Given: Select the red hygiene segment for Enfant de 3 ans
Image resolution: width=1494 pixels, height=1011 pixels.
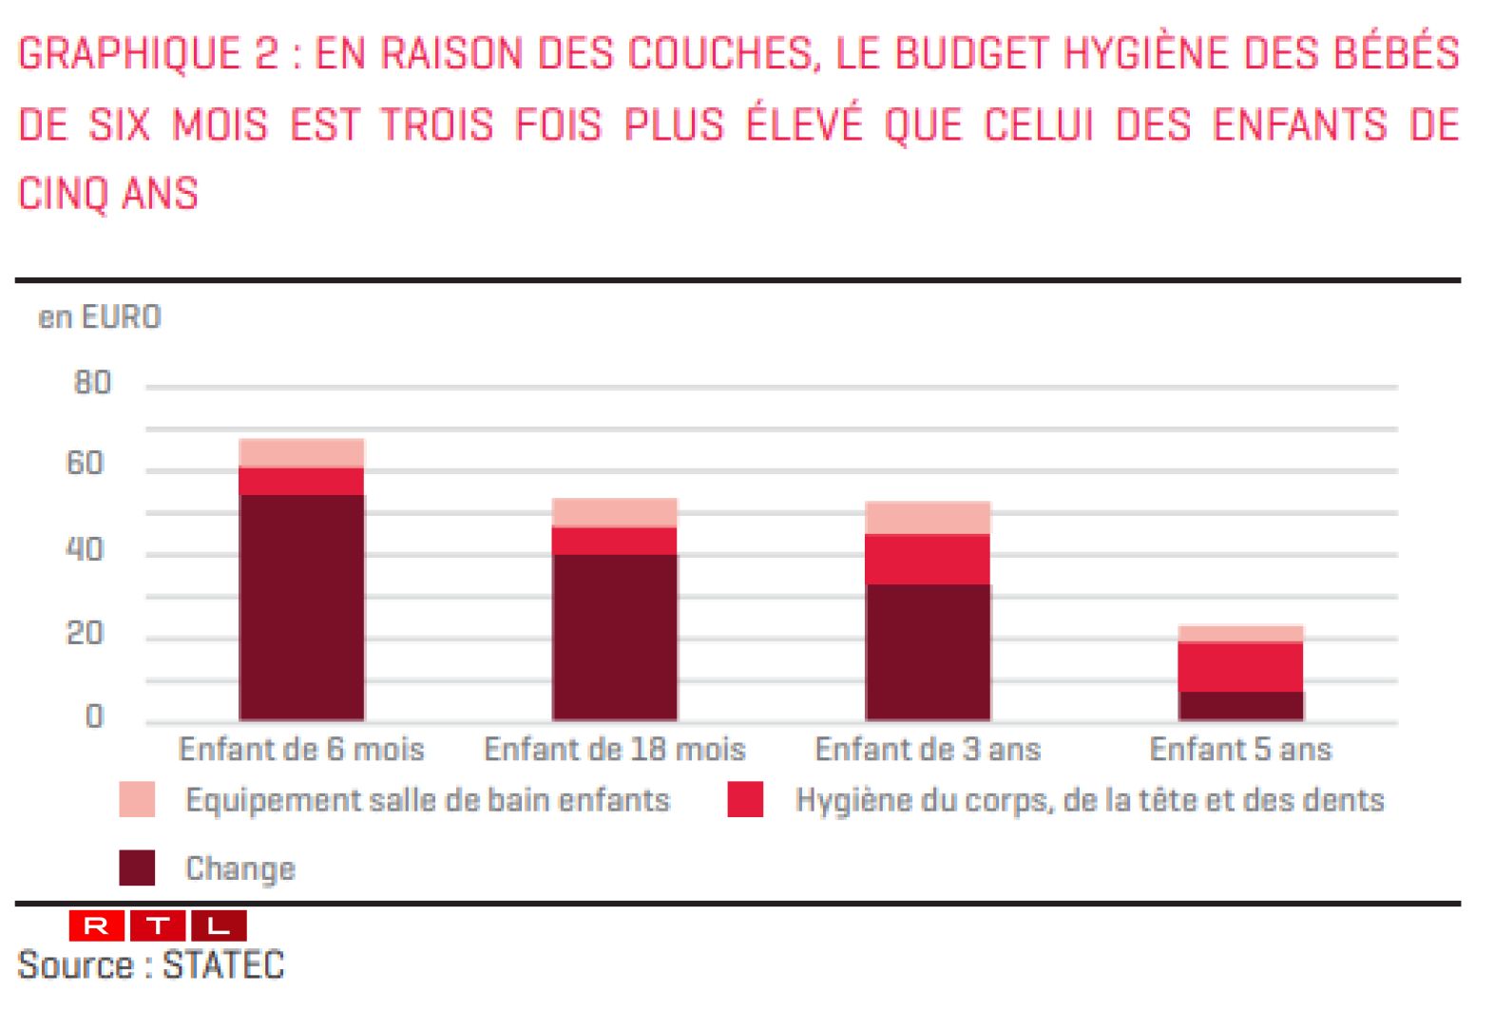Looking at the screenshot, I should (x=928, y=559).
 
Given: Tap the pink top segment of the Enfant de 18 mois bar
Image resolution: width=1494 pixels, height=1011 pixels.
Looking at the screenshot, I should (x=615, y=512).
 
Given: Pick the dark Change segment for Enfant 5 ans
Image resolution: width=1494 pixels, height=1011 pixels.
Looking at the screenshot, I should (x=1240, y=705).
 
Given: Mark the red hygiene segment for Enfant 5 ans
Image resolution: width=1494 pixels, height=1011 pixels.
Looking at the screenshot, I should (x=1240, y=666).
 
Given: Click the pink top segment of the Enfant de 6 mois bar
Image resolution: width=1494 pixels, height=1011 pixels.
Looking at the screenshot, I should (x=301, y=453).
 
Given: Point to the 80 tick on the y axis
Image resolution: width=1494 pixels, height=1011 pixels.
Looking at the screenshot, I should (x=92, y=383).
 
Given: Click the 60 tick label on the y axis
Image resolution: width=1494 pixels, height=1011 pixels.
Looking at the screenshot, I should (x=85, y=464).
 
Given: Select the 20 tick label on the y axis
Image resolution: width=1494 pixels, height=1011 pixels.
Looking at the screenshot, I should (x=85, y=634).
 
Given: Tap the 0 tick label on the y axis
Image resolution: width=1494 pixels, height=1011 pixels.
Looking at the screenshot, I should (x=93, y=716).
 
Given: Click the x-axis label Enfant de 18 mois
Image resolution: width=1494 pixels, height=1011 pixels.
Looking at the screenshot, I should (x=615, y=750).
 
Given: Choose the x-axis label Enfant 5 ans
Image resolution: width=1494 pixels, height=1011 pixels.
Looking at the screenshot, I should (x=1240, y=750).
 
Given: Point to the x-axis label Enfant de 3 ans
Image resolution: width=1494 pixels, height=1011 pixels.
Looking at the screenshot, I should (x=928, y=750).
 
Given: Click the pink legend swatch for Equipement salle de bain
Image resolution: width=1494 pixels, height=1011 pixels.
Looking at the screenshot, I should (x=137, y=799).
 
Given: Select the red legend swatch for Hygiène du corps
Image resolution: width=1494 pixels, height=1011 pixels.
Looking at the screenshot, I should (x=745, y=799).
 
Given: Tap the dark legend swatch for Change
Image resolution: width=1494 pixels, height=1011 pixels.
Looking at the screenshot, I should (x=137, y=868).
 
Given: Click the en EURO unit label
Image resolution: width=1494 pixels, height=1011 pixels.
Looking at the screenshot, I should (x=100, y=317).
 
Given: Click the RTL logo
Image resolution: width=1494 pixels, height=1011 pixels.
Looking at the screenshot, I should (x=158, y=925).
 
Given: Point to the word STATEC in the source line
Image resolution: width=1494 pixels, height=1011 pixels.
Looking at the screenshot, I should (x=223, y=965).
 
